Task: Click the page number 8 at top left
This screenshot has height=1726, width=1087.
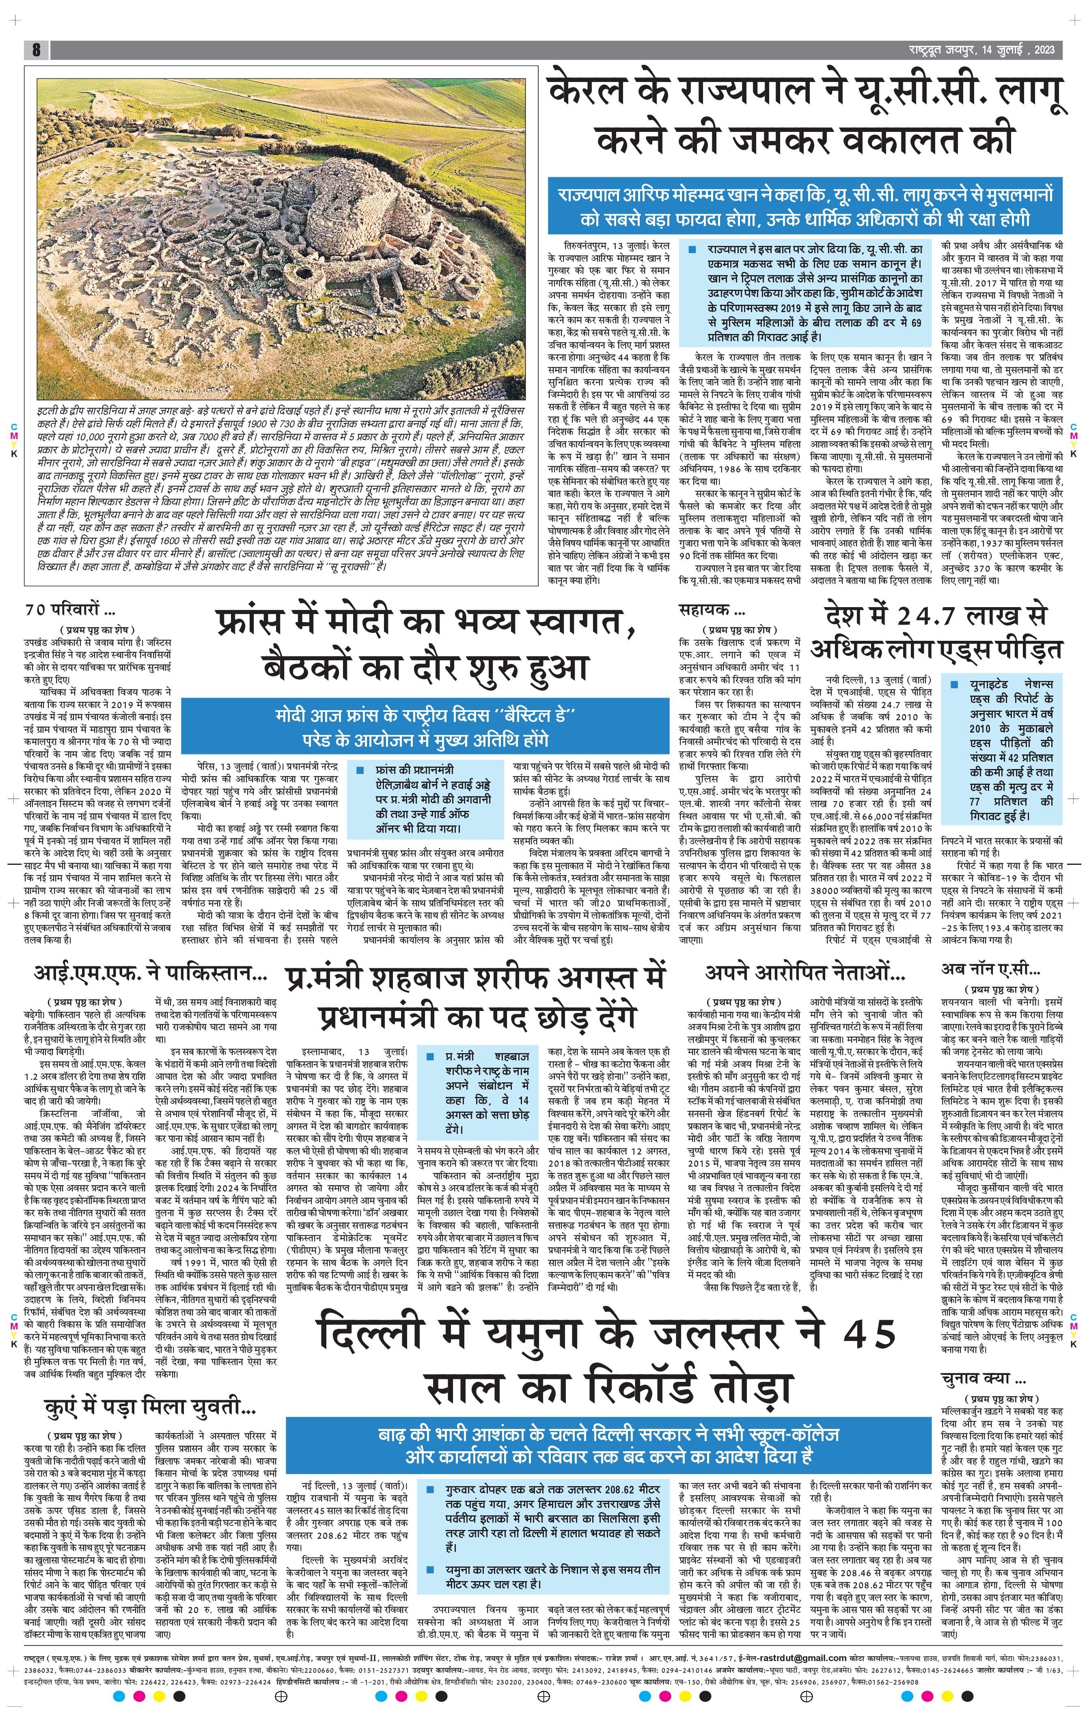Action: tap(35, 50)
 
